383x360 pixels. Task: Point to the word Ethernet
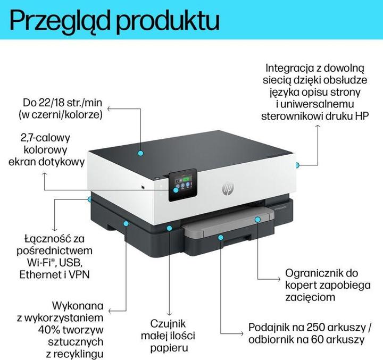[x=40, y=275]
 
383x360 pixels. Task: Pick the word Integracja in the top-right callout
[x=288, y=68]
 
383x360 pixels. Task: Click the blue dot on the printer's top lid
[x=140, y=152]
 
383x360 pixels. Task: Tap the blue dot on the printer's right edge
[x=298, y=165]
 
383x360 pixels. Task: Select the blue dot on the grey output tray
[x=257, y=219]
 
